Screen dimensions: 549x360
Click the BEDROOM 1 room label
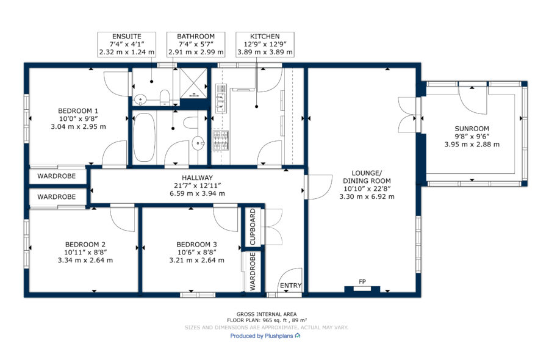tap(78, 111)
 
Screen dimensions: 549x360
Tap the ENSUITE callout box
tap(127, 45)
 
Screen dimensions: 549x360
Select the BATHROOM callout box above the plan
tap(196, 45)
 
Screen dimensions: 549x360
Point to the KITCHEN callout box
tap(265, 45)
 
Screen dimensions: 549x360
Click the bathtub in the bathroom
tap(144, 137)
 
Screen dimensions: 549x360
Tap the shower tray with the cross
tap(193, 83)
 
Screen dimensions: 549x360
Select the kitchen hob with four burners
tap(221, 140)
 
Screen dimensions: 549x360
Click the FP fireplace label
tap(362, 281)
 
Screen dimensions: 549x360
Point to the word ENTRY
tap(290, 286)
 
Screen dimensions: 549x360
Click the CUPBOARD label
tap(253, 227)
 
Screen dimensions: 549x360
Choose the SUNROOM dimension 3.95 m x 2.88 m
tap(472, 144)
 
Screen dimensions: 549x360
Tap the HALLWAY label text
tap(197, 178)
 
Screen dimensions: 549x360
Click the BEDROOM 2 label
tap(85, 245)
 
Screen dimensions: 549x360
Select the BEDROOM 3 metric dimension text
tap(197, 260)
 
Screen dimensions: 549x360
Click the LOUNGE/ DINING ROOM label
tap(367, 177)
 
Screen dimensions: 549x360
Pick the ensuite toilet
tap(164, 97)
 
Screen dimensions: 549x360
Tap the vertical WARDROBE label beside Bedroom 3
tap(253, 272)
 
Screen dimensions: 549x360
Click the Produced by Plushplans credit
tap(265, 336)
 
